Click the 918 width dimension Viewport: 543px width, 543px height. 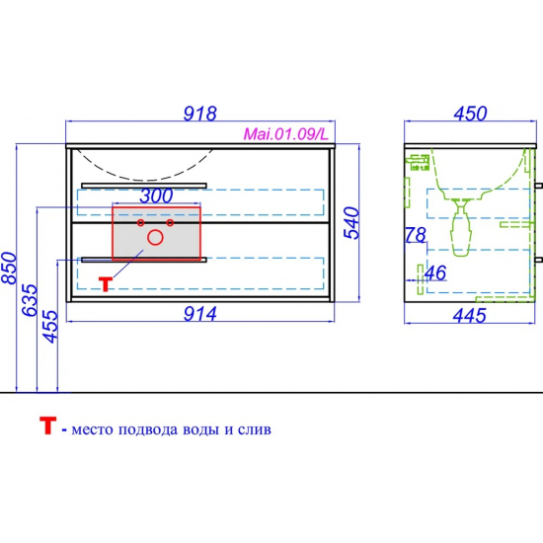click(x=199, y=114)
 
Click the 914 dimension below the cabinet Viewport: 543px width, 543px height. click(x=199, y=314)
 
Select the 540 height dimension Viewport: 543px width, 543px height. click(x=351, y=223)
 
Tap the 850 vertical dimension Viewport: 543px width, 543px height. click(x=9, y=268)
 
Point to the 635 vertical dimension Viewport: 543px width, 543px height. click(x=29, y=300)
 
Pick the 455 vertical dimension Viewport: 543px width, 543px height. click(x=49, y=327)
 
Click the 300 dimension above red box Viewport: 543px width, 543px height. click(x=156, y=196)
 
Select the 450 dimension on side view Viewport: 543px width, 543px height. click(x=470, y=114)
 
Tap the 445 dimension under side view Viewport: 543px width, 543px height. click(x=470, y=316)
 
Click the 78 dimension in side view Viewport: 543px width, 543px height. click(x=416, y=235)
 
